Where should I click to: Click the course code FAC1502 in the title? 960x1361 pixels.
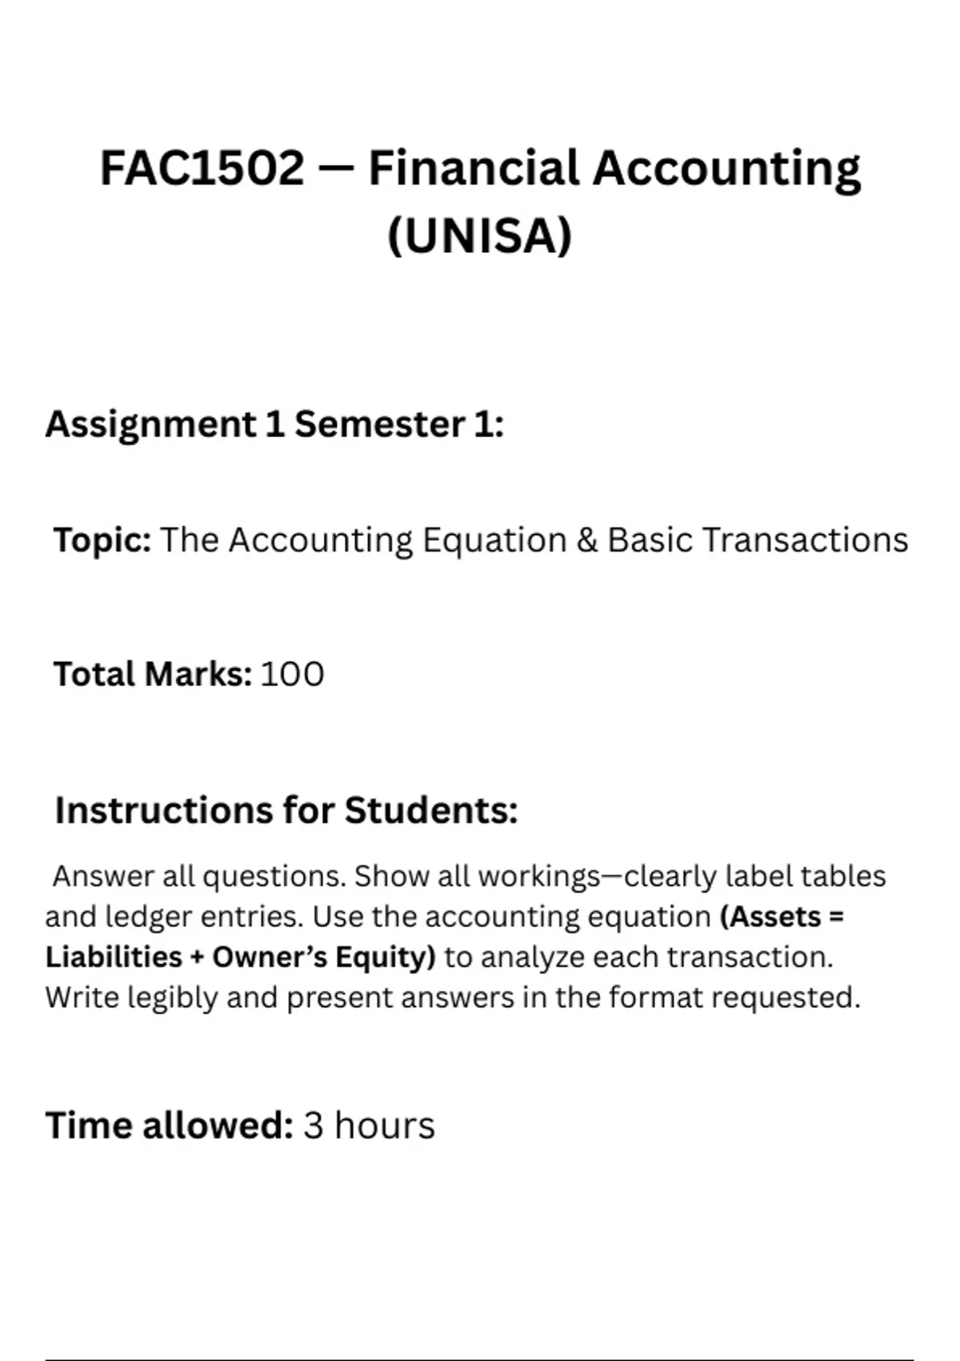coord(202,169)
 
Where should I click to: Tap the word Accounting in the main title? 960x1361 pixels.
coord(726,169)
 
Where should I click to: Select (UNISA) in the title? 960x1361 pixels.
coord(480,236)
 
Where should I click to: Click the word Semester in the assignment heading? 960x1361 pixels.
coord(379,424)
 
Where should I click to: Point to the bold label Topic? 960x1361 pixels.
coord(102,540)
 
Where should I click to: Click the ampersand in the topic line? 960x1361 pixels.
coord(586,540)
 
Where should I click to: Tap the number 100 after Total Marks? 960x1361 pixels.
coord(292,674)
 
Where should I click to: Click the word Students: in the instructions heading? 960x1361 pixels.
coord(431,810)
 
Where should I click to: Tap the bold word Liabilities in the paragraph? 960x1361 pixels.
coord(114,958)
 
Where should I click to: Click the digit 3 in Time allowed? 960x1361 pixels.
coord(313,1126)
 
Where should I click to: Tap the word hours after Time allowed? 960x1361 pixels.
coord(384,1126)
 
